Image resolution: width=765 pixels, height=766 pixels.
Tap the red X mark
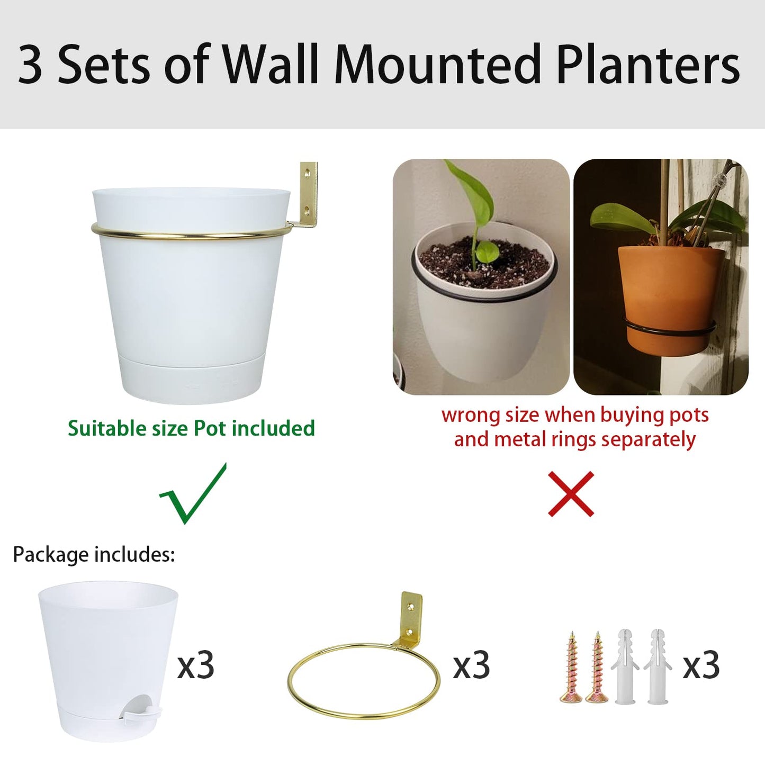point(571,494)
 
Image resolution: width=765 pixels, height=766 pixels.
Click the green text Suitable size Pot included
point(191,428)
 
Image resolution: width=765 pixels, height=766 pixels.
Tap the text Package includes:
point(94,554)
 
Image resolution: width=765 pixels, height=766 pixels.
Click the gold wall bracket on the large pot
point(307,196)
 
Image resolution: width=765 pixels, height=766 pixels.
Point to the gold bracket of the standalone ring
point(411,616)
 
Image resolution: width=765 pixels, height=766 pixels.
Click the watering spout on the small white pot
point(141,712)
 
